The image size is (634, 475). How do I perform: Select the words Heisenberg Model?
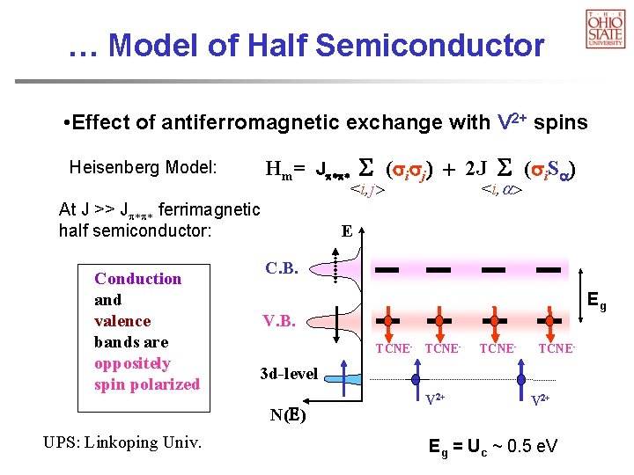coord(144,167)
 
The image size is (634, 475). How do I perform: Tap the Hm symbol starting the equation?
coord(285,169)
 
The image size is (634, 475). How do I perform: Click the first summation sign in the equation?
coord(367,168)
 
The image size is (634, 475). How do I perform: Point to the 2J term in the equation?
coord(480,169)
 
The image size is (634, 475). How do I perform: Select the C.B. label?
coord(281,267)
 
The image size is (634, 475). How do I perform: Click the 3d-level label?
coord(289,373)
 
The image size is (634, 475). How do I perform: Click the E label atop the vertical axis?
coord(347,231)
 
